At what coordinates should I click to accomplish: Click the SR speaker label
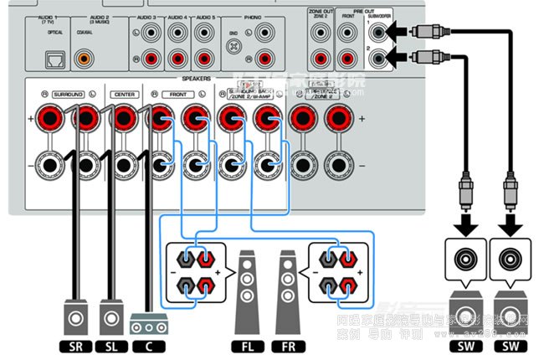pos(76,344)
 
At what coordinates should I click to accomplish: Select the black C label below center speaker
pos(148,344)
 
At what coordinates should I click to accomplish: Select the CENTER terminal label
pos(124,95)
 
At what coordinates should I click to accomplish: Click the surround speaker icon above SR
pos(76,318)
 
